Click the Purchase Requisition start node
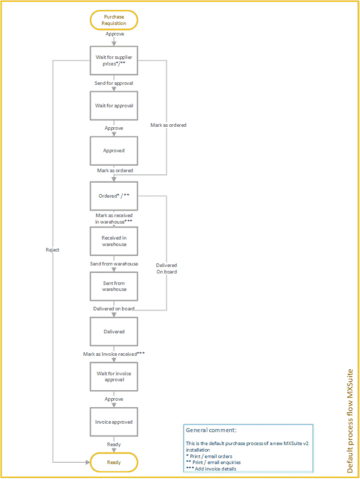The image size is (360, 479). (114, 20)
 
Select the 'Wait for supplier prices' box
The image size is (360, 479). (114, 60)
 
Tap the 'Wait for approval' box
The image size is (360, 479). (114, 106)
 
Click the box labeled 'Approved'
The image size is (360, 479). (114, 151)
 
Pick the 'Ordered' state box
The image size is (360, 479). (114, 196)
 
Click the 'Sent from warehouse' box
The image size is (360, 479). (114, 286)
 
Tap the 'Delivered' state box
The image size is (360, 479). (114, 331)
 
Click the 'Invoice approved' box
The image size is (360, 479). (114, 422)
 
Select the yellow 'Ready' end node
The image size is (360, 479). (114, 462)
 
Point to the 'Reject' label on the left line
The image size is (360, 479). (52, 250)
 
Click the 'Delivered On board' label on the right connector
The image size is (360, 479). (167, 268)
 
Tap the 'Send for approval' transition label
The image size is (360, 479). (114, 83)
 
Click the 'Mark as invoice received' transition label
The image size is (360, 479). (114, 354)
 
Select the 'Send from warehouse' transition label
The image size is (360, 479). (114, 264)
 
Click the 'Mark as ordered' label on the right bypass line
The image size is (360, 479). (169, 125)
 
